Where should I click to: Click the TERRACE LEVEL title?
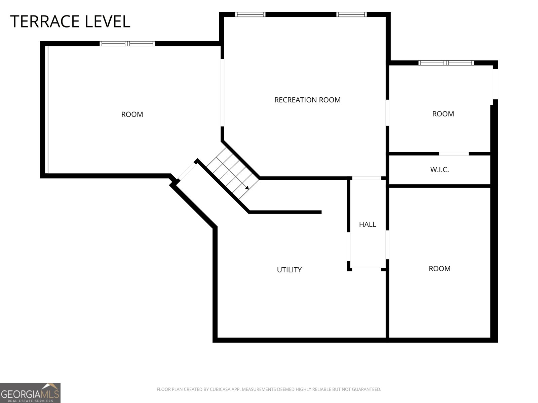click(x=70, y=21)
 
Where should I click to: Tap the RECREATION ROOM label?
click(x=307, y=100)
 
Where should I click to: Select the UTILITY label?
click(x=289, y=270)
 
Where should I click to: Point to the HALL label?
click(x=368, y=224)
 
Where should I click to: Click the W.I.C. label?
click(x=439, y=170)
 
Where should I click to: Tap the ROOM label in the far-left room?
click(x=132, y=114)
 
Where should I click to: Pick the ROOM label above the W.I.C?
click(x=443, y=114)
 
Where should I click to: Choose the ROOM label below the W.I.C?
click(x=439, y=268)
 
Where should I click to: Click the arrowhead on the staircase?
click(x=247, y=188)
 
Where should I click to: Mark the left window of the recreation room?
click(x=250, y=14)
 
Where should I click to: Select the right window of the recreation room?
click(x=351, y=14)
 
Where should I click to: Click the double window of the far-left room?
click(x=127, y=44)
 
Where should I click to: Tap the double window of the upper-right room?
click(x=446, y=63)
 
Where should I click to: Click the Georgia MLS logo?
click(x=30, y=393)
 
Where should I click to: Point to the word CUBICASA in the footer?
click(x=219, y=389)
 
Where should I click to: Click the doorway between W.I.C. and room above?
click(x=454, y=154)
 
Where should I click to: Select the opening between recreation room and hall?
click(x=367, y=178)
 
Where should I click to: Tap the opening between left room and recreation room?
click(x=222, y=93)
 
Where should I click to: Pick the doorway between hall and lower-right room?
click(x=387, y=245)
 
